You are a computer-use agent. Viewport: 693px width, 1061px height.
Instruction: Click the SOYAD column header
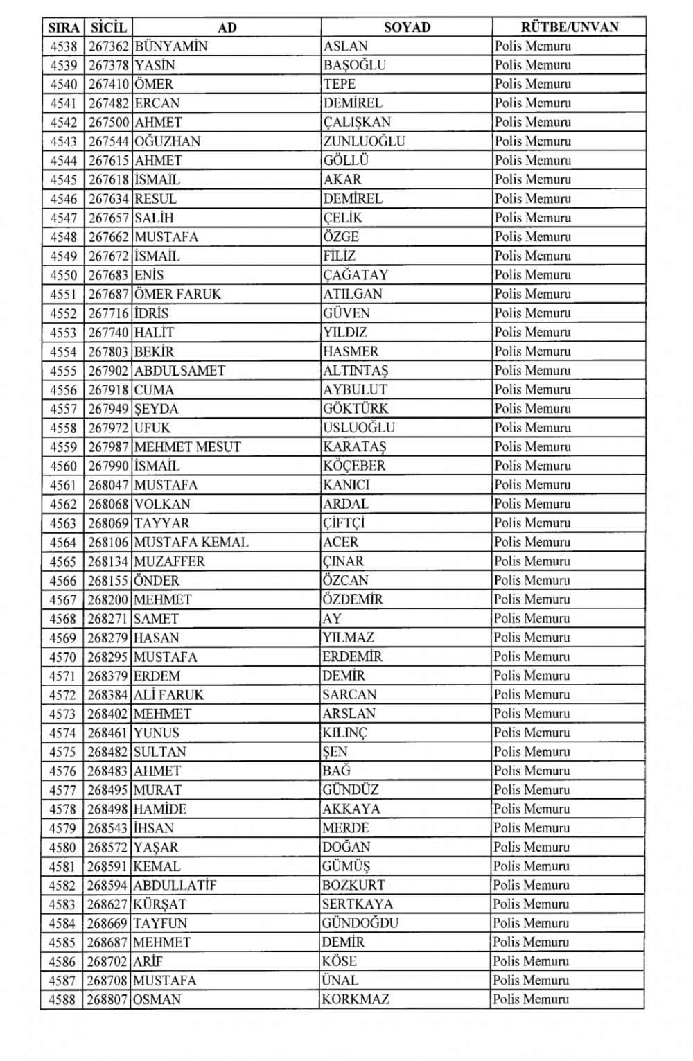[407, 28]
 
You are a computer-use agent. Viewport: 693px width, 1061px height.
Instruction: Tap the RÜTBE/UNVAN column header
[569, 28]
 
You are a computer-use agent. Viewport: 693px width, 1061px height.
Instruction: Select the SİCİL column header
[108, 28]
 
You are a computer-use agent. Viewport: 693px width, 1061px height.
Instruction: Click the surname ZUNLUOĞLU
[364, 141]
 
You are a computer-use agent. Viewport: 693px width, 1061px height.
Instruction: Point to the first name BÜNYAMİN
[170, 46]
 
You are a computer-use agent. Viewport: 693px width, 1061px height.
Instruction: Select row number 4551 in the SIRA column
[64, 294]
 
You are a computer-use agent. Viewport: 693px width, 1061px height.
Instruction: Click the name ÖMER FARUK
[177, 294]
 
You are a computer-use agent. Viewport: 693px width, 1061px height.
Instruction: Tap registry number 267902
[108, 370]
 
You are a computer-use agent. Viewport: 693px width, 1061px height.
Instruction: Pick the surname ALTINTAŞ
[356, 370]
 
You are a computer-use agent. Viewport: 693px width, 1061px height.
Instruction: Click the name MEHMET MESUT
[187, 446]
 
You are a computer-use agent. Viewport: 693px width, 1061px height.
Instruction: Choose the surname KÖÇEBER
[353, 466]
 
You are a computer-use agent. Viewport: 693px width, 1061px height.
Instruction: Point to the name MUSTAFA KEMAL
[191, 542]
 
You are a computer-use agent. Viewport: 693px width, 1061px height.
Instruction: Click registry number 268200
[108, 599]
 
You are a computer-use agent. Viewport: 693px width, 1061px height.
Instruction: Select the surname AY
[332, 618]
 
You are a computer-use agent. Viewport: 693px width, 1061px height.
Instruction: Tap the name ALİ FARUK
[168, 694]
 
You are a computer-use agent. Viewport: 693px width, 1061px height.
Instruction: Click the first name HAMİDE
[159, 809]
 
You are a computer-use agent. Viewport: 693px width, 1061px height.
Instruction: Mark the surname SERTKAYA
[357, 904]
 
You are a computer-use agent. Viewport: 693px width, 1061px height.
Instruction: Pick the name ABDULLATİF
[175, 885]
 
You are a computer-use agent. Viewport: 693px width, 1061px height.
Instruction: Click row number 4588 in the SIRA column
[62, 999]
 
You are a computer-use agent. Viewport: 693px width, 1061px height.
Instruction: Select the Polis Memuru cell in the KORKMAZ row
[531, 999]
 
